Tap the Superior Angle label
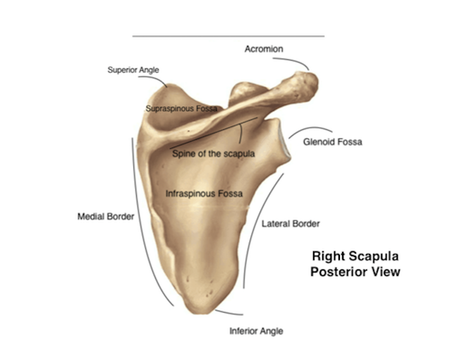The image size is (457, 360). [133, 70]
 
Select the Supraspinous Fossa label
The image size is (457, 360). [181, 109]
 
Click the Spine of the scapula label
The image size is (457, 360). [213, 152]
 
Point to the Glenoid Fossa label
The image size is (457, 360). [332, 142]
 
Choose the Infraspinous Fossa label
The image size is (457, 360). [204, 193]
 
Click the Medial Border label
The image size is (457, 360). [105, 217]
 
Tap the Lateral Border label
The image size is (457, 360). [291, 224]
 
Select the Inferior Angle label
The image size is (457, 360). [257, 330]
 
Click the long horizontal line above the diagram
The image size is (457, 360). [228, 36]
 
